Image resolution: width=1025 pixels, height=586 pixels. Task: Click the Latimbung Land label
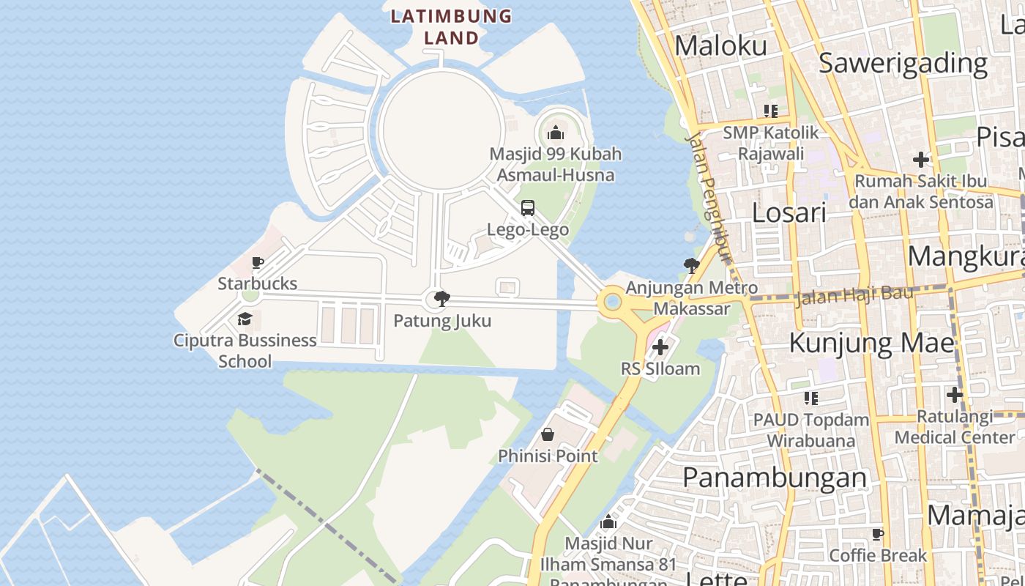pos(450,26)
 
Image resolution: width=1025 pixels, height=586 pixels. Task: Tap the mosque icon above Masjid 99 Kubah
pos(555,133)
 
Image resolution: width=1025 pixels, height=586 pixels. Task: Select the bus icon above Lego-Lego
pos(528,208)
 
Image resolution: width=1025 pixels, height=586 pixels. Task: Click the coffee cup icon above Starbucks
pos(257,262)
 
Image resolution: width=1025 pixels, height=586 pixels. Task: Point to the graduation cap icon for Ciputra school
pos(245,319)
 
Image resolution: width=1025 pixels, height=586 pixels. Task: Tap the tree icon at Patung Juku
pos(441,299)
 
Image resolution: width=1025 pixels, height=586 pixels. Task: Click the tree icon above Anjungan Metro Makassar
pos(690,266)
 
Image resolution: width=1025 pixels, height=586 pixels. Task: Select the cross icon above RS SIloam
pos(660,347)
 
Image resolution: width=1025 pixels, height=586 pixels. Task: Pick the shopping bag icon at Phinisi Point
pos(547,434)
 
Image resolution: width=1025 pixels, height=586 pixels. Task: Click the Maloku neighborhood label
pos(720,45)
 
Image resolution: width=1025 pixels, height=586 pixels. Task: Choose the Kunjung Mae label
pos(871,342)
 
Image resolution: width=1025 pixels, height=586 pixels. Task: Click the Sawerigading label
pos(903,63)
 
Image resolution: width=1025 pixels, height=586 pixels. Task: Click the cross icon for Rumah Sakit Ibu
pos(920,159)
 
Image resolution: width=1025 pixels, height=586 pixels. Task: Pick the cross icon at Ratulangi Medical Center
pos(954,395)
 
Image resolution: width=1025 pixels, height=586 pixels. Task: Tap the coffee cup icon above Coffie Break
pos(878,533)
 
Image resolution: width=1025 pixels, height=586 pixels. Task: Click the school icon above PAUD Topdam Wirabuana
pos(810,398)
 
